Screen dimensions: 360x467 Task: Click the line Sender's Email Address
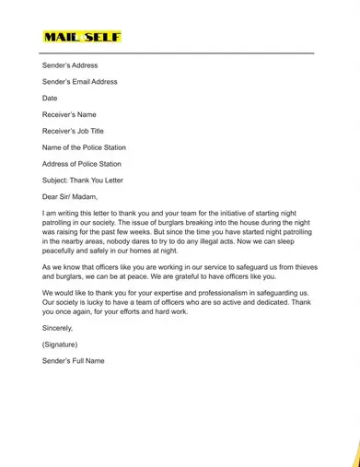click(x=79, y=82)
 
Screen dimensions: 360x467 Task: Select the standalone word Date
click(x=50, y=99)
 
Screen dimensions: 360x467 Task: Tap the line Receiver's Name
click(x=69, y=115)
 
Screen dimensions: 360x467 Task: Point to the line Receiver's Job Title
click(x=73, y=132)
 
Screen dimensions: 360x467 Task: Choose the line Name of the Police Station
click(x=84, y=147)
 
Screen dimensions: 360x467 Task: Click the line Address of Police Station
click(x=81, y=164)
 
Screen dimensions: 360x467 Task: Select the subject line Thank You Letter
click(x=82, y=181)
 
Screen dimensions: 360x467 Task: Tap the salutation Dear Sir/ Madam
click(x=69, y=196)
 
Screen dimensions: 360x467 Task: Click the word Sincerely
click(x=57, y=327)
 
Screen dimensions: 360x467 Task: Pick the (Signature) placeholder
click(x=61, y=344)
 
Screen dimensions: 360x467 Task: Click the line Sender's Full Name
click(x=73, y=360)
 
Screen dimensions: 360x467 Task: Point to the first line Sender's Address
click(x=69, y=65)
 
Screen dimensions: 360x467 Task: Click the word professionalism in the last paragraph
click(x=242, y=294)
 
